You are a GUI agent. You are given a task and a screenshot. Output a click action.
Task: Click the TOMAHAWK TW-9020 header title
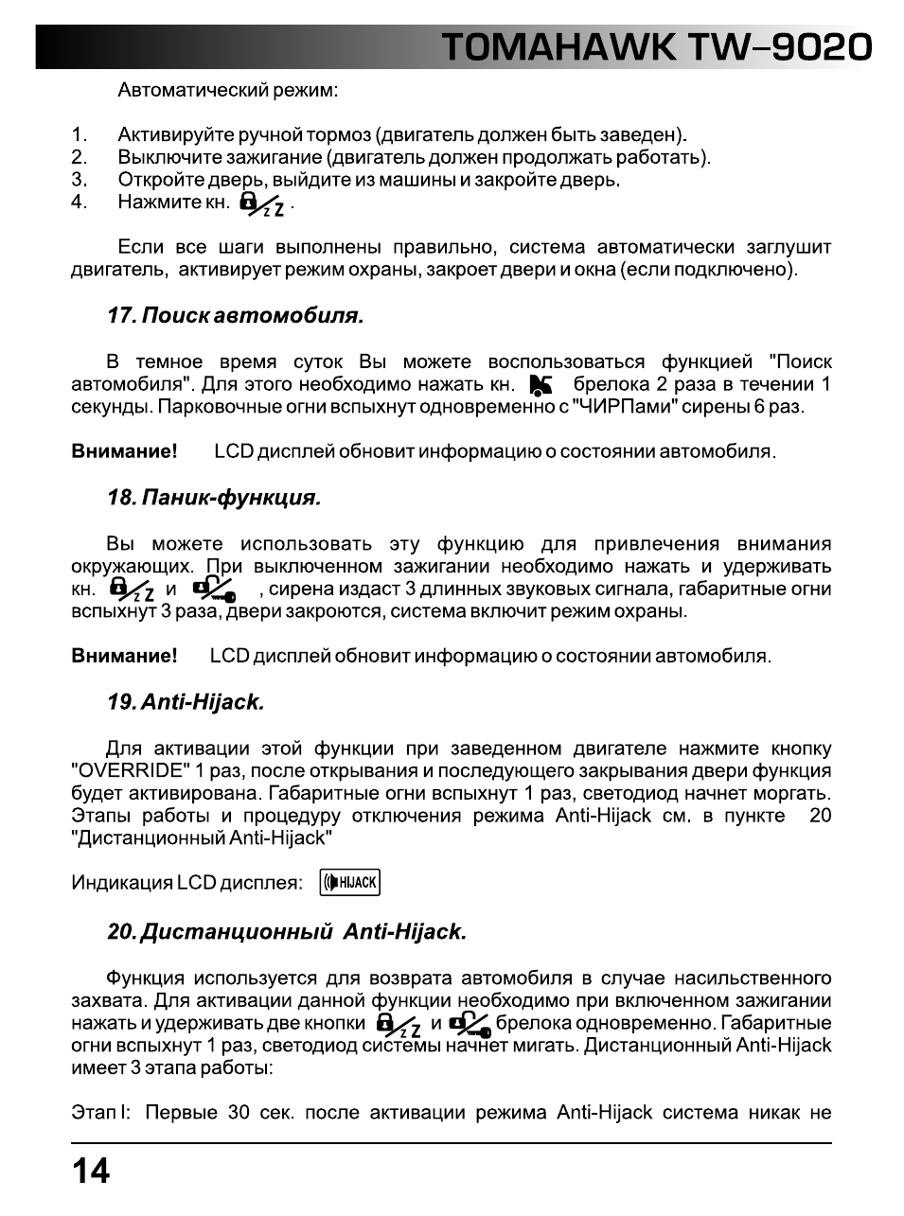pos(656,47)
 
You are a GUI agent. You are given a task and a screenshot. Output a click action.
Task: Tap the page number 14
pos(91,1172)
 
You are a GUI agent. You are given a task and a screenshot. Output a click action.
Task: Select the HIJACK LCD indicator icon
pos(350,883)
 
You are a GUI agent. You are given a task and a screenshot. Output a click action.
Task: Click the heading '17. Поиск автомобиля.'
pos(236,316)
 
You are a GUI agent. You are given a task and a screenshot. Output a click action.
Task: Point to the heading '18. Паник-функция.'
pos(214,498)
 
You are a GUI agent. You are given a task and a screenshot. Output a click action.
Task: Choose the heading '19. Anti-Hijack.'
pos(186,702)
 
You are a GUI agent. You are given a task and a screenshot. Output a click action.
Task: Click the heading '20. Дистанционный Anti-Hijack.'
pos(287,932)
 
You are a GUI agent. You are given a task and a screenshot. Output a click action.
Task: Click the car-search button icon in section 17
pos(541,385)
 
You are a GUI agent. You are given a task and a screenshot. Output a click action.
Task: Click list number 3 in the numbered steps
pos(80,180)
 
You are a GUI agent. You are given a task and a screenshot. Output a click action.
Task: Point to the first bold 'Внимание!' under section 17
pos(124,451)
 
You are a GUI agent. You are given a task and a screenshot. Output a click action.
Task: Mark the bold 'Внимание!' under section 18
pos(124,656)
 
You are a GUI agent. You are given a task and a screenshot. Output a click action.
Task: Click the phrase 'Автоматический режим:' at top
pos(227,91)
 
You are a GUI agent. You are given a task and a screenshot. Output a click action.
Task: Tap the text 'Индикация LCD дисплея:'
pos(187,883)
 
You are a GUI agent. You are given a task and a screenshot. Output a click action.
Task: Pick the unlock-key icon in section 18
pos(214,590)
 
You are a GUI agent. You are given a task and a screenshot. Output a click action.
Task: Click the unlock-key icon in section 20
pos(469,1023)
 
